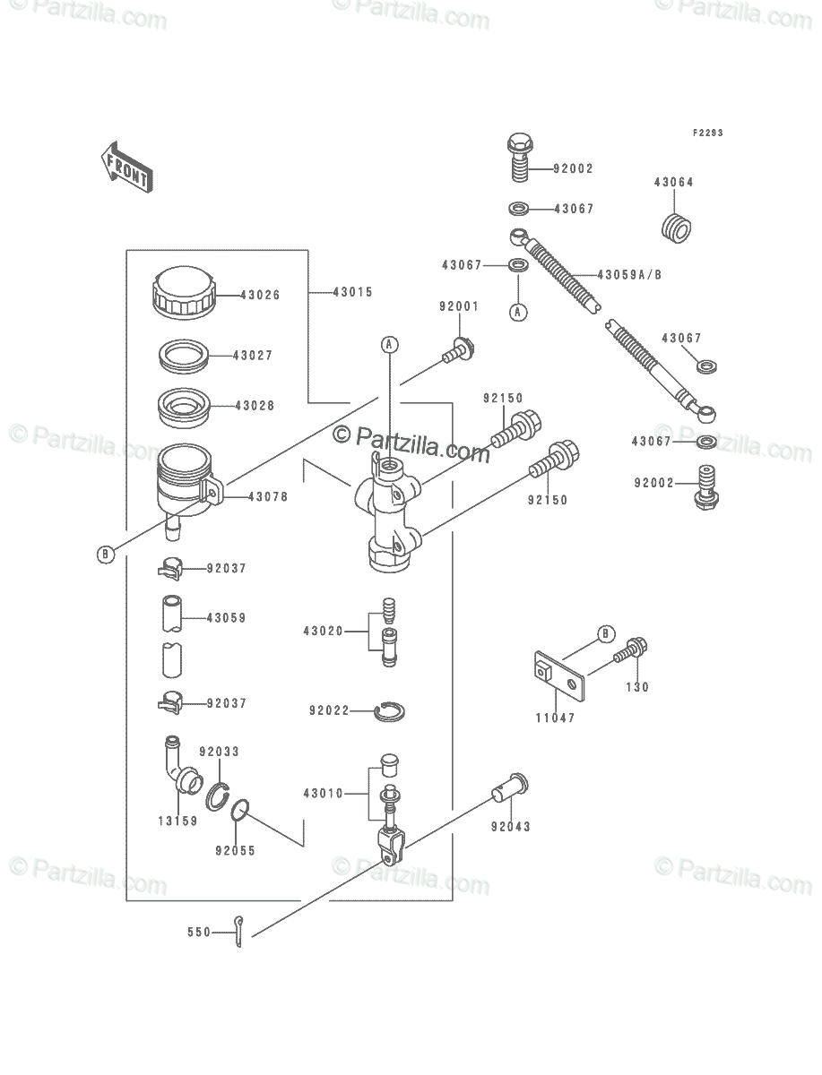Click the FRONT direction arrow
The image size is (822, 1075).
click(x=127, y=168)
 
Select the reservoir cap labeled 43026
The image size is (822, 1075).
click(x=184, y=293)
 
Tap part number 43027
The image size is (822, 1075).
click(x=252, y=356)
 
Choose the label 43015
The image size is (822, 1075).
click(x=352, y=292)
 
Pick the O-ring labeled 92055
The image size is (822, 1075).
click(x=240, y=810)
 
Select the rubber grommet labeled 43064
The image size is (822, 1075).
click(x=677, y=228)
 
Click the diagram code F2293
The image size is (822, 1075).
click(x=708, y=133)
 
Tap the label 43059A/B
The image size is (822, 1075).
click(x=629, y=275)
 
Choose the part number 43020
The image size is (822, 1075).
click(x=323, y=632)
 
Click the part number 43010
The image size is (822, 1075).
click(x=323, y=794)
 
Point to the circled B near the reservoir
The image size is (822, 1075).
click(x=105, y=555)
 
